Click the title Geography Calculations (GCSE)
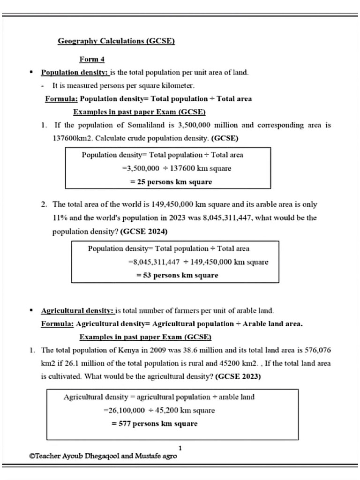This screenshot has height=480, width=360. [x=116, y=41]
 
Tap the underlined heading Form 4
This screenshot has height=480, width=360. [x=91, y=60]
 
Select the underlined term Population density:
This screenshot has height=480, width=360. [x=75, y=73]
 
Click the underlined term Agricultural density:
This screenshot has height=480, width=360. [x=78, y=311]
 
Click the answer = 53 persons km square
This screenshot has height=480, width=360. [x=177, y=275]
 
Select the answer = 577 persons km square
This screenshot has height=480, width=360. [x=154, y=424]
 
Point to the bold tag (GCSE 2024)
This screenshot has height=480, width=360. [x=144, y=232]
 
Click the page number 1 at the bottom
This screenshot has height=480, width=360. [x=180, y=448]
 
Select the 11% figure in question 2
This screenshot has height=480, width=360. [x=60, y=218]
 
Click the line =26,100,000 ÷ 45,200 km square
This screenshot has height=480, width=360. [x=159, y=410]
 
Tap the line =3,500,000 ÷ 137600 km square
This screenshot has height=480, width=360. [x=176, y=168]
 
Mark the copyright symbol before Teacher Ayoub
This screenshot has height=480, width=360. [x=31, y=456]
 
